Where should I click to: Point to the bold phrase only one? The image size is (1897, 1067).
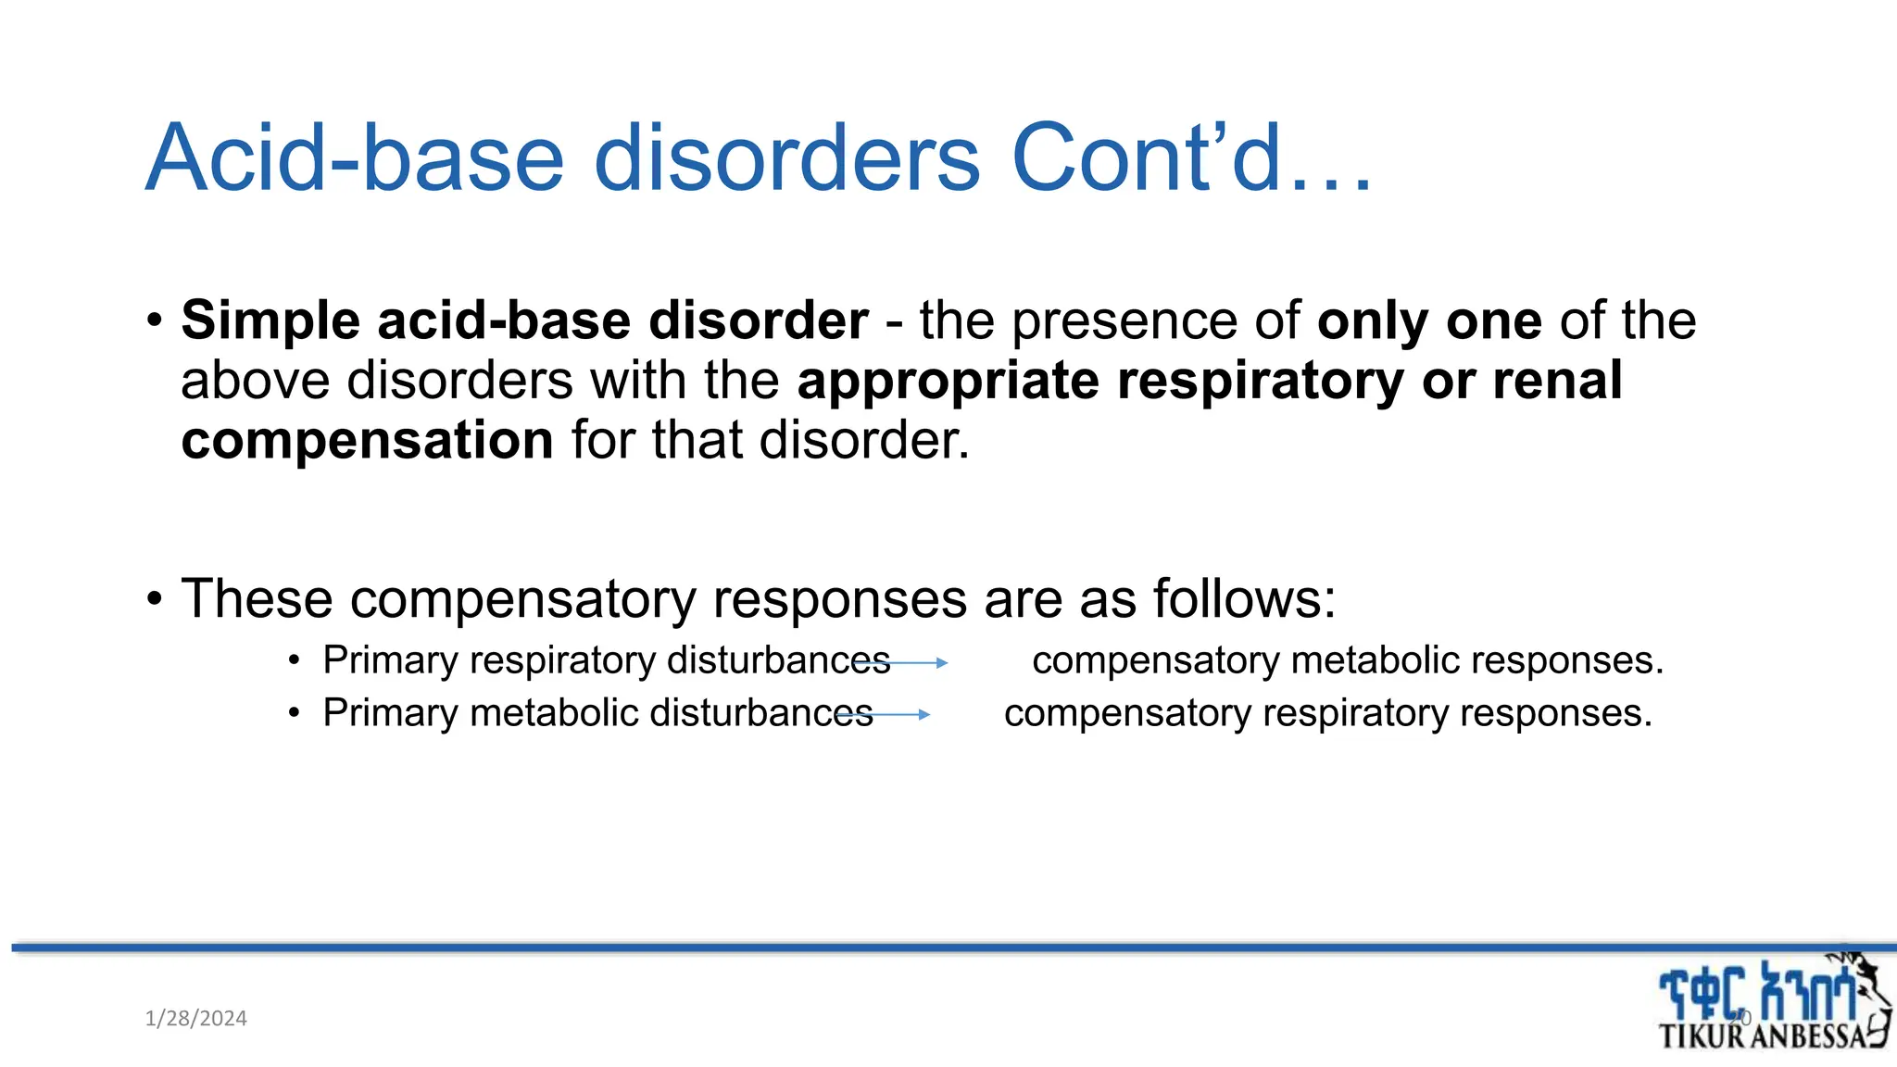click(1429, 320)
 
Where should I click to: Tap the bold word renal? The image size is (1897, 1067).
click(1557, 381)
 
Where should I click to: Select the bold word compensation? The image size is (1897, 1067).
click(367, 440)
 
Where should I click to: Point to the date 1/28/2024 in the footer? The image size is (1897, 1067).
click(195, 1019)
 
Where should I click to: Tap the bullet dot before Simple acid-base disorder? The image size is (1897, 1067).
click(155, 321)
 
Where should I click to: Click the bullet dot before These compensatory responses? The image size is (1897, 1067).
click(155, 599)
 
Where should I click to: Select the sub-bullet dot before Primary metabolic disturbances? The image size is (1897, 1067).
click(294, 713)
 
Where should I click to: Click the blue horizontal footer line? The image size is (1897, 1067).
click(926, 948)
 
